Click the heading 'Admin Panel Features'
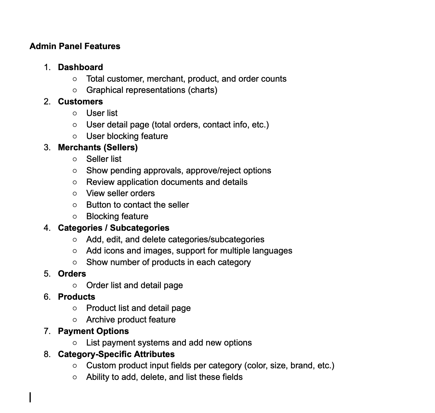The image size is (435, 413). click(x=75, y=46)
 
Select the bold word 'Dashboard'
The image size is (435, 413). click(x=80, y=67)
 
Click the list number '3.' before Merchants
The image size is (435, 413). click(x=47, y=147)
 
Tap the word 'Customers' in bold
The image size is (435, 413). click(x=80, y=101)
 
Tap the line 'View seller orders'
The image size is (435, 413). click(x=120, y=193)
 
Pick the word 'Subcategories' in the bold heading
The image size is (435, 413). click(x=139, y=228)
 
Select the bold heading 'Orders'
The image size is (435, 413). click(x=72, y=274)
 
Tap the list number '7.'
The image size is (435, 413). click(x=47, y=331)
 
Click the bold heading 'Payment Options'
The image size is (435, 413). click(x=93, y=331)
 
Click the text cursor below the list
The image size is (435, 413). click(x=30, y=397)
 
